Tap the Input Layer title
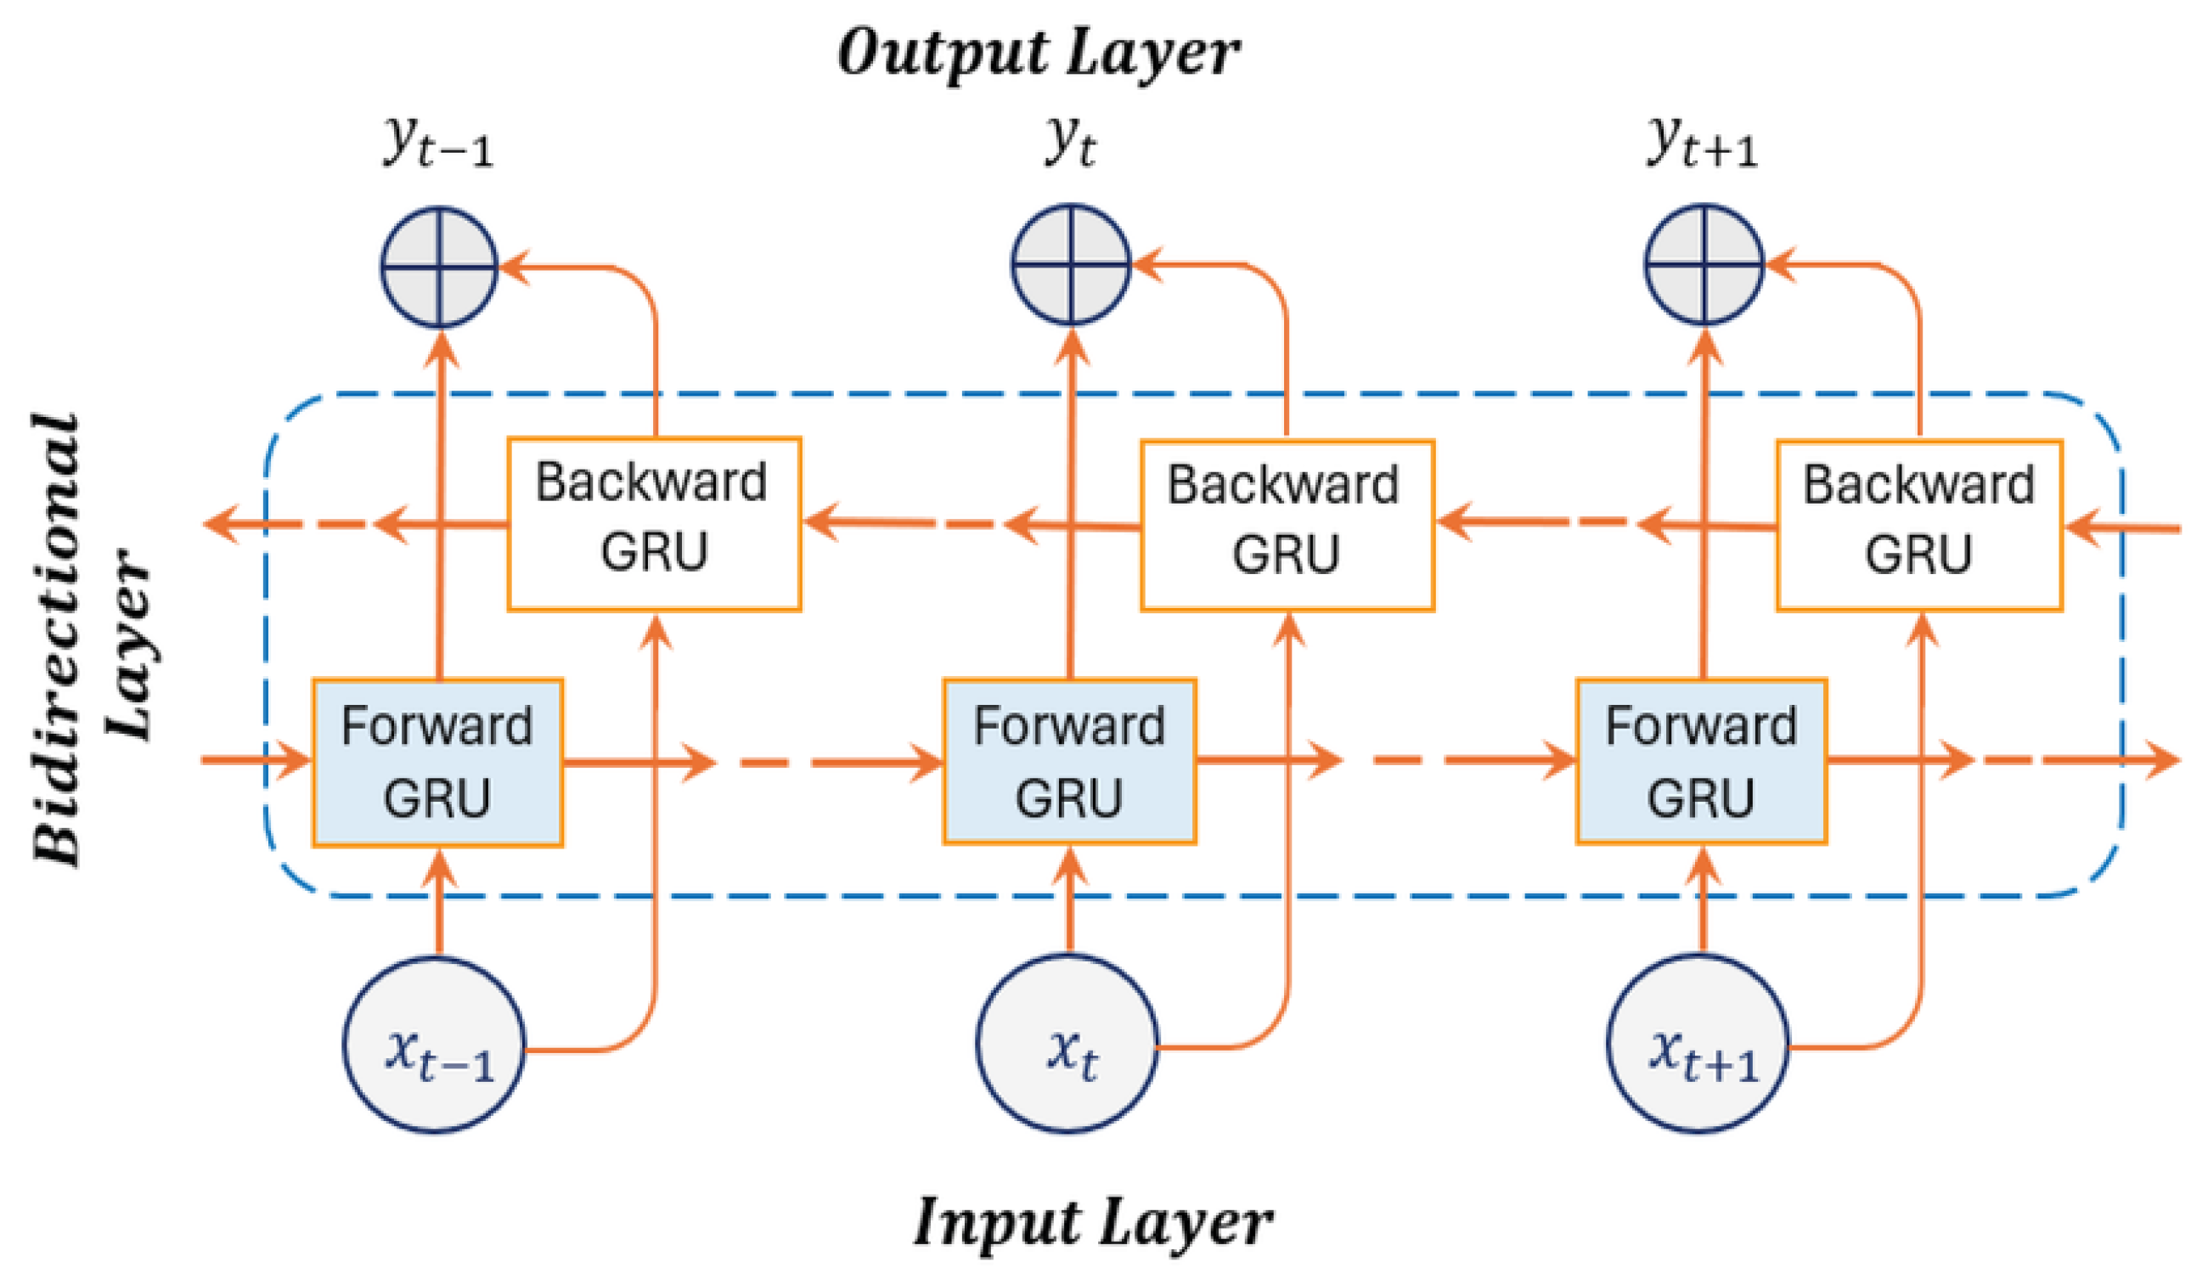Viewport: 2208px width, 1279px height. tap(1093, 1222)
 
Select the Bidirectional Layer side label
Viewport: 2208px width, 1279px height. tap(92, 639)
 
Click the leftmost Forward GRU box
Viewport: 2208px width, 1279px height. tap(438, 762)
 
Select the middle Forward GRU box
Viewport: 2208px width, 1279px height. tap(1070, 761)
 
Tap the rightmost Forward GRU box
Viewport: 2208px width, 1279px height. tap(1702, 761)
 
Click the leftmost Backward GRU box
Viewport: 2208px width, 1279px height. tap(655, 524)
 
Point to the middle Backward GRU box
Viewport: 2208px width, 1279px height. tap(1287, 526)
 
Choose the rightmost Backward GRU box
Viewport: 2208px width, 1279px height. tap(1920, 526)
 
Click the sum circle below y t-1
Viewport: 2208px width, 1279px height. tap(439, 267)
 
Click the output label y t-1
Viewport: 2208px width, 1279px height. tap(439, 143)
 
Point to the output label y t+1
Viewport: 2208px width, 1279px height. tap(1704, 143)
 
